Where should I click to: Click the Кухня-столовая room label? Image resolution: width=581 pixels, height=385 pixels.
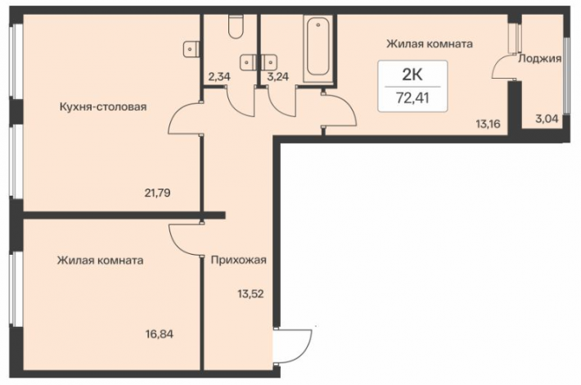pyautogui.click(x=103, y=106)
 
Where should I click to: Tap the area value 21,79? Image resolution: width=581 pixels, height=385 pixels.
pyautogui.click(x=157, y=192)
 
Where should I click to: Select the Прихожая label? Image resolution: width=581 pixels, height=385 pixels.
pyautogui.click(x=239, y=260)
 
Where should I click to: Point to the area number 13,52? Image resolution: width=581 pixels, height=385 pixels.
pyautogui.click(x=250, y=294)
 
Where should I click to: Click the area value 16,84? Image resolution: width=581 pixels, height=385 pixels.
pyautogui.click(x=160, y=334)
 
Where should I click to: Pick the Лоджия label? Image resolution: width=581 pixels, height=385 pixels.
pyautogui.click(x=540, y=58)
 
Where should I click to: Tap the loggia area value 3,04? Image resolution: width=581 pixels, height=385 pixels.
pyautogui.click(x=547, y=119)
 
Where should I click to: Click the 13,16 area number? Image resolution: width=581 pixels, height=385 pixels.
pyautogui.click(x=488, y=124)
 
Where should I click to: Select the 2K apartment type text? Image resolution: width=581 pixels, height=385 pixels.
pyautogui.click(x=412, y=75)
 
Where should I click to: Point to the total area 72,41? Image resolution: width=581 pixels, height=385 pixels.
pyautogui.click(x=412, y=98)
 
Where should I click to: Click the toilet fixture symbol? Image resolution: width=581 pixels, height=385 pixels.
pyautogui.click(x=236, y=26)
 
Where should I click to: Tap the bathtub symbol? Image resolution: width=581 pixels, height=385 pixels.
pyautogui.click(x=318, y=48)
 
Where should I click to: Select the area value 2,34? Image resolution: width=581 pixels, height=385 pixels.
pyautogui.click(x=219, y=77)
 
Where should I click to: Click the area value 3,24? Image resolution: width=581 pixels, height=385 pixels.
pyautogui.click(x=278, y=77)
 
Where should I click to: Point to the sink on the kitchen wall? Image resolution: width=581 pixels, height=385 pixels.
pyautogui.click(x=191, y=48)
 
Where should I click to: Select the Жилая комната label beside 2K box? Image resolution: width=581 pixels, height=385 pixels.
pyautogui.click(x=430, y=43)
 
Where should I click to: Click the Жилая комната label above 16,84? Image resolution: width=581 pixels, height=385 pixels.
pyautogui.click(x=100, y=260)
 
